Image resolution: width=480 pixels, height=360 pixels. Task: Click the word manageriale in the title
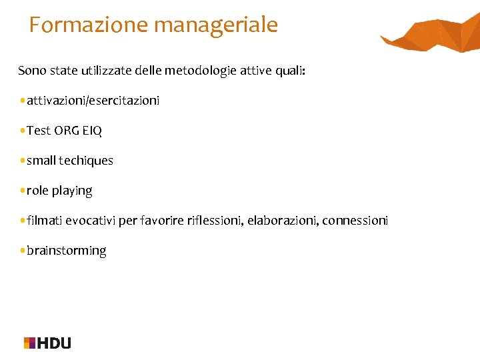[x=215, y=25]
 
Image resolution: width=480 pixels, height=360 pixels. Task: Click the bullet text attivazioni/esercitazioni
[x=93, y=101]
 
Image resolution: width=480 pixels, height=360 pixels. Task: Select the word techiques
[x=86, y=161]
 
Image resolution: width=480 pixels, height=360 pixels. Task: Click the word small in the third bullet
[x=41, y=161]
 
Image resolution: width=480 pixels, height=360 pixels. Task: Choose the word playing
[x=72, y=191]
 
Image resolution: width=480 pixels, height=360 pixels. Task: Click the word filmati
[x=43, y=221]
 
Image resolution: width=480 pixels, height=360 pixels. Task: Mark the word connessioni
[x=355, y=221]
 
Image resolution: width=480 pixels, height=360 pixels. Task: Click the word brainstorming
[x=66, y=251]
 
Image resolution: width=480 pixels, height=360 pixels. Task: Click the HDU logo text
[x=55, y=343]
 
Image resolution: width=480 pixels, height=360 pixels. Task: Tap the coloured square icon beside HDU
[x=29, y=343]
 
